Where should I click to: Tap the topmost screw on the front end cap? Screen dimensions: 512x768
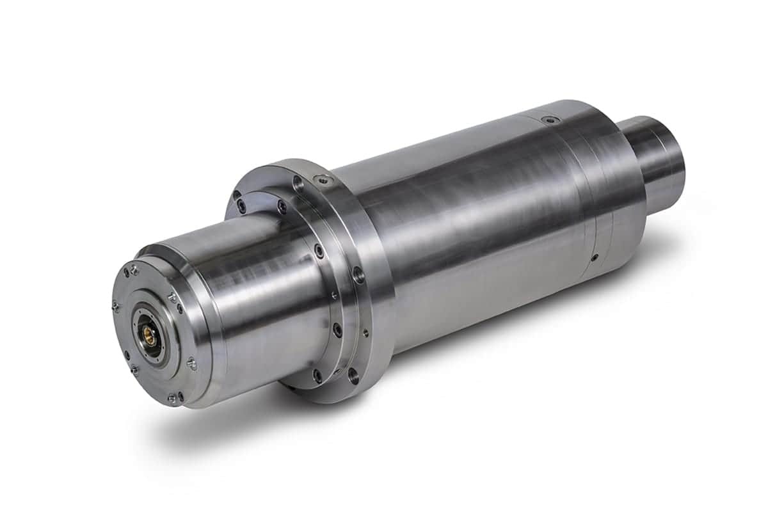coord(134,271)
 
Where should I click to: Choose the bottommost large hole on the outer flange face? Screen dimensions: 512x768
coord(353,377)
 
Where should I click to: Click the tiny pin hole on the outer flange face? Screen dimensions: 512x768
coord(365,332)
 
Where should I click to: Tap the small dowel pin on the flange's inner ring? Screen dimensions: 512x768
coord(333,296)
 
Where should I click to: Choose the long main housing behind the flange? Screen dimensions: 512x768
coord(486,230)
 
